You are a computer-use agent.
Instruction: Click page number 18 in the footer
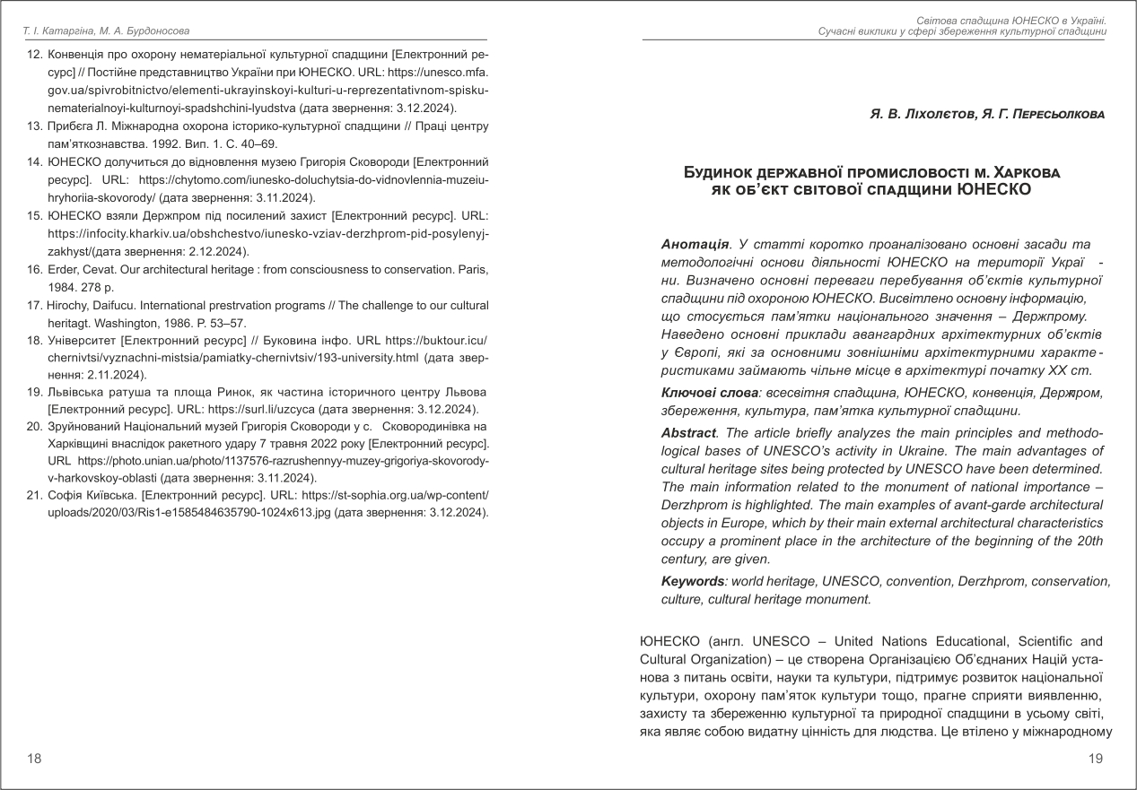(x=34, y=759)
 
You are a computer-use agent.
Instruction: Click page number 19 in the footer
(x=1095, y=759)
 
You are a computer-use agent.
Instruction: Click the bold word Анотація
(x=695, y=245)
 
